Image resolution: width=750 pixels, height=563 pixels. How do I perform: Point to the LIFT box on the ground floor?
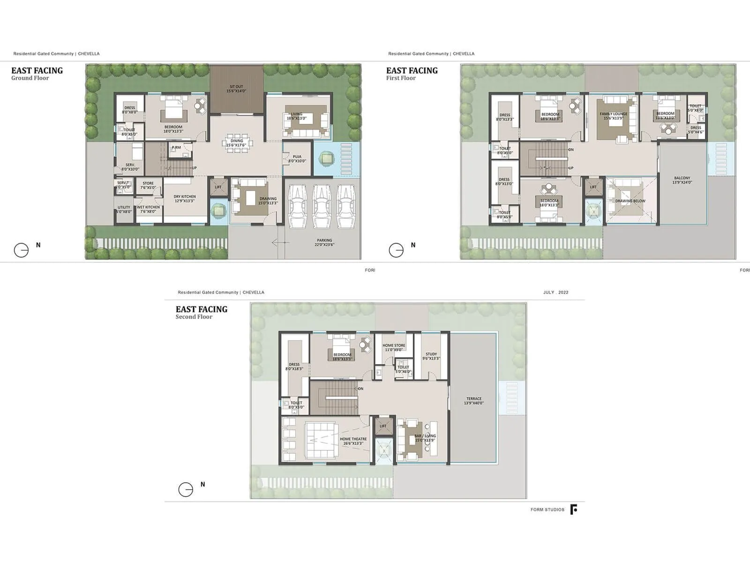click(218, 187)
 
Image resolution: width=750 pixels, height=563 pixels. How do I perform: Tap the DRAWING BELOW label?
click(630, 201)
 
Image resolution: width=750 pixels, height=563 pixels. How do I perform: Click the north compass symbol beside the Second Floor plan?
click(186, 489)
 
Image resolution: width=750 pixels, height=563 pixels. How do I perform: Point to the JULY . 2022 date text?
click(555, 292)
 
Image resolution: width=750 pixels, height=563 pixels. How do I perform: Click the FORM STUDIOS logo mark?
click(573, 510)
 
